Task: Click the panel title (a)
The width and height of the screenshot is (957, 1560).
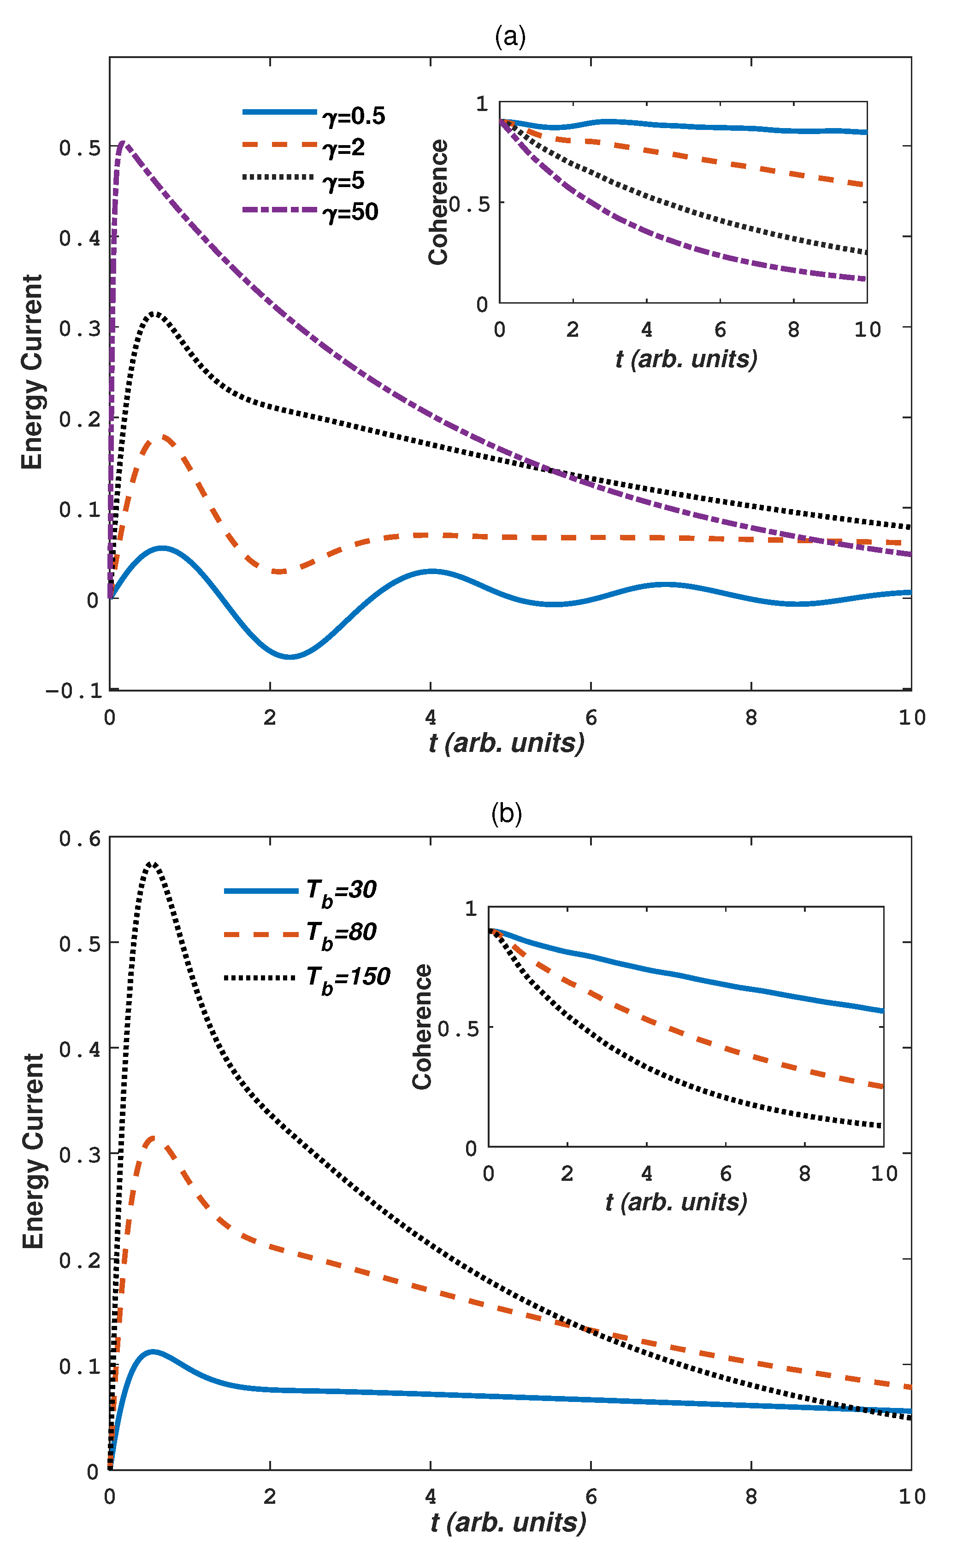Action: tap(510, 37)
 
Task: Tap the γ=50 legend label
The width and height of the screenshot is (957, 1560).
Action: tap(351, 212)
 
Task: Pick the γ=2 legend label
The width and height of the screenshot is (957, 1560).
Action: tap(344, 148)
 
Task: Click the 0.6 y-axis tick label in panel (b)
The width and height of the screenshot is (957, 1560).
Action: tap(80, 839)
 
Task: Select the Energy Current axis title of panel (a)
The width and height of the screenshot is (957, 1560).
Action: tap(32, 372)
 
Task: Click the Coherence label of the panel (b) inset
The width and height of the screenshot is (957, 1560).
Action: tap(422, 1027)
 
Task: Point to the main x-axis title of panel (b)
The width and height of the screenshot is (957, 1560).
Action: tap(508, 1523)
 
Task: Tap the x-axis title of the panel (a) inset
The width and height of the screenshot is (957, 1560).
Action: tap(686, 359)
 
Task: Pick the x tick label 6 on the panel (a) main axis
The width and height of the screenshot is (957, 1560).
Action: tap(591, 717)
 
